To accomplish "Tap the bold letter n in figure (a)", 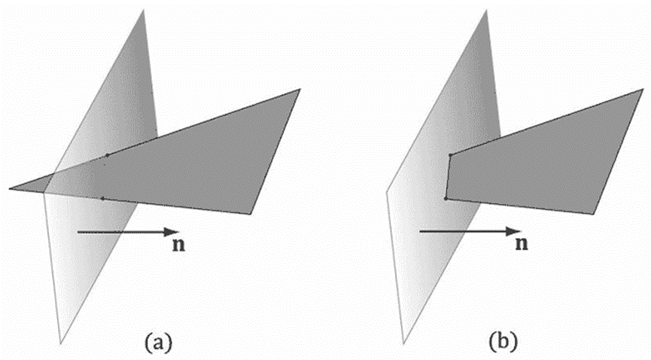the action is (x=174, y=245).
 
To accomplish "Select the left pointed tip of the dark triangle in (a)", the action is (x=11, y=188).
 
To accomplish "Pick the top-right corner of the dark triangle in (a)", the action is (x=300, y=89).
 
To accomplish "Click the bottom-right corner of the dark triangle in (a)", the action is (x=250, y=214).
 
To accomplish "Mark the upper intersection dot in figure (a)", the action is (x=108, y=155).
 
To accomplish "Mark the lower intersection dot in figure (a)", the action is (x=102, y=198).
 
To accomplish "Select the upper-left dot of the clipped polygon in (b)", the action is (x=450, y=155).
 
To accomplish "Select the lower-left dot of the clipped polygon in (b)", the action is (x=446, y=198).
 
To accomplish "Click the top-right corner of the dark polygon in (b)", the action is (x=642, y=89).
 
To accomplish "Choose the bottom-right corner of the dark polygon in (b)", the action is (x=592, y=214).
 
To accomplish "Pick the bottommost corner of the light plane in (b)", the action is (x=403, y=343).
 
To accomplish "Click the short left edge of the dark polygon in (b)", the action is (x=448, y=177).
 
